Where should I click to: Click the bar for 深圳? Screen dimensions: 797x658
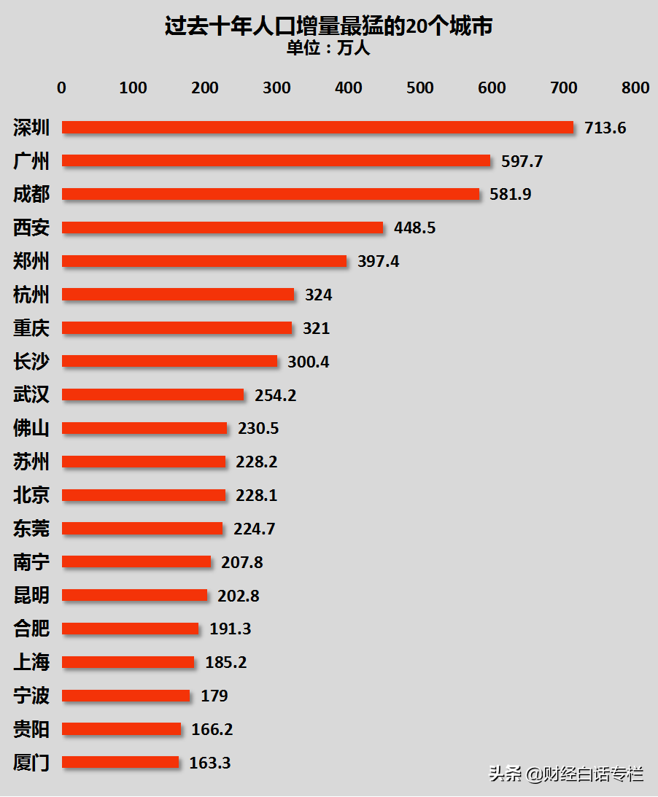coord(317,128)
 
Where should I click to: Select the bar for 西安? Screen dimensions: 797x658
coord(222,228)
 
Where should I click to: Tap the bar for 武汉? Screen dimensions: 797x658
coord(152,394)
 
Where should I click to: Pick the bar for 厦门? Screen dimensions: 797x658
coord(120,762)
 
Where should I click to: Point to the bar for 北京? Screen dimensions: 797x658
coord(144,495)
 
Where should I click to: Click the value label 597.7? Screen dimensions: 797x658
coord(522,161)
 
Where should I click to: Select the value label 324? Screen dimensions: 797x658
coord(319,295)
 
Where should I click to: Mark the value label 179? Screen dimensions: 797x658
coord(214,696)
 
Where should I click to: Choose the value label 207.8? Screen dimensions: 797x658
coord(242,562)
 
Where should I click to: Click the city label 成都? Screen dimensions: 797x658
coord(31,194)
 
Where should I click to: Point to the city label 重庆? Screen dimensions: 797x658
coord(31,328)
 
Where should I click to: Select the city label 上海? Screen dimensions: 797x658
coord(31,662)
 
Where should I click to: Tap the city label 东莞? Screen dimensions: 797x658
coord(31,529)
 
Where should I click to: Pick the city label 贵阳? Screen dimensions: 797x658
coord(31,729)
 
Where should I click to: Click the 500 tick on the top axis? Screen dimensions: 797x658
coord(420,88)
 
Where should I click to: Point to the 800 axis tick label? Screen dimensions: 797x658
coord(635,88)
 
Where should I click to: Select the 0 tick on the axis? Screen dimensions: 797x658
coord(61,88)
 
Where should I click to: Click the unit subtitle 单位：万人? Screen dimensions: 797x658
coord(328,48)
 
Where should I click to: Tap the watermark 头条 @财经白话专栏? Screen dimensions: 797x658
coord(566,773)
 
